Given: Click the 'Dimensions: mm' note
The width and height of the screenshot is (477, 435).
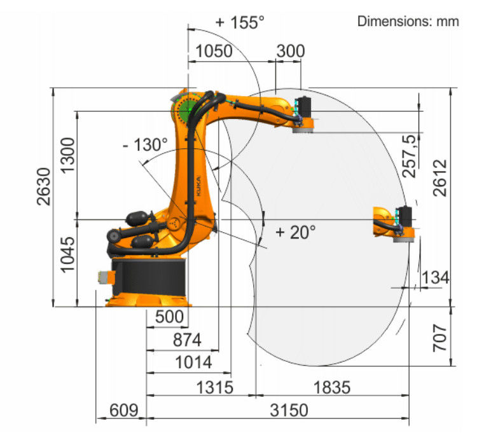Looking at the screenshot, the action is tap(408, 21).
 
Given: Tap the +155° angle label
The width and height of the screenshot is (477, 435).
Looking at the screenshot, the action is tap(240, 22).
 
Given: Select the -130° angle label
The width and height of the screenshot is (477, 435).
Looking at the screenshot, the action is tap(145, 144).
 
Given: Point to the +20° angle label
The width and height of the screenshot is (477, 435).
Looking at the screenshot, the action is tap(295, 232).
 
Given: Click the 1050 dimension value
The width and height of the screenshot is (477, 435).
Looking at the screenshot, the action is tap(214, 51).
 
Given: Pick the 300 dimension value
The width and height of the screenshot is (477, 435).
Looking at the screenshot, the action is tap(291, 51).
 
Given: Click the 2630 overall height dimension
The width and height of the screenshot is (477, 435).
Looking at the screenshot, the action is tap(43, 186).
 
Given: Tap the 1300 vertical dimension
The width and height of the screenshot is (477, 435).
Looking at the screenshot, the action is tap(67, 155).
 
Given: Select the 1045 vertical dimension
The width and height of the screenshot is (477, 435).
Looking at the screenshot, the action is tap(67, 254).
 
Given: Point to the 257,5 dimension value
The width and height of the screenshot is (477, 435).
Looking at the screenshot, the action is tap(408, 156).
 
